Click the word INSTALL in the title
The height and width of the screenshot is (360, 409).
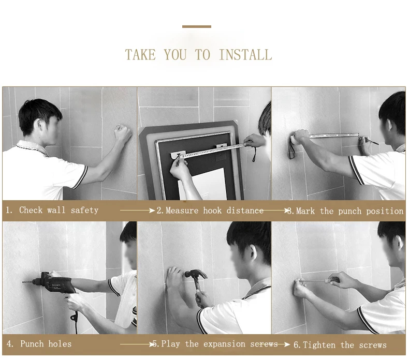(x=245, y=55)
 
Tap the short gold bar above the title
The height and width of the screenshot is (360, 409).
(x=197, y=26)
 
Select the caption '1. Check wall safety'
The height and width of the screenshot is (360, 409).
(x=52, y=210)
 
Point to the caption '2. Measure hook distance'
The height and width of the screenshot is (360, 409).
(x=210, y=211)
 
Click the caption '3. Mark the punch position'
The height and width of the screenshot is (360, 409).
(x=346, y=211)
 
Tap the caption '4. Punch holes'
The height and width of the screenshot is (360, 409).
(x=39, y=344)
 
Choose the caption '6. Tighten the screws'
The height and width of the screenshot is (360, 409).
(x=340, y=345)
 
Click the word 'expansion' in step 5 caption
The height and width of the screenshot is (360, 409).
(x=224, y=344)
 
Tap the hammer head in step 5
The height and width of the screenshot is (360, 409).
(x=196, y=275)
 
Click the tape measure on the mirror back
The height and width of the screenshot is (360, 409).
(x=214, y=152)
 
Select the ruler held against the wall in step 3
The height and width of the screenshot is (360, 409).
(x=333, y=136)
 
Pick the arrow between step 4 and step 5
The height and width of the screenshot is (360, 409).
(x=138, y=344)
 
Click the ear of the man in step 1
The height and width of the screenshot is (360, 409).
(x=40, y=125)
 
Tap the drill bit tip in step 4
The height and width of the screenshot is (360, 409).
(x=23, y=282)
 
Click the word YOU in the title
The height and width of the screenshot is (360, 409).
(x=176, y=55)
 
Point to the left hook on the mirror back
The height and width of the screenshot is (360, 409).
(x=178, y=154)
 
